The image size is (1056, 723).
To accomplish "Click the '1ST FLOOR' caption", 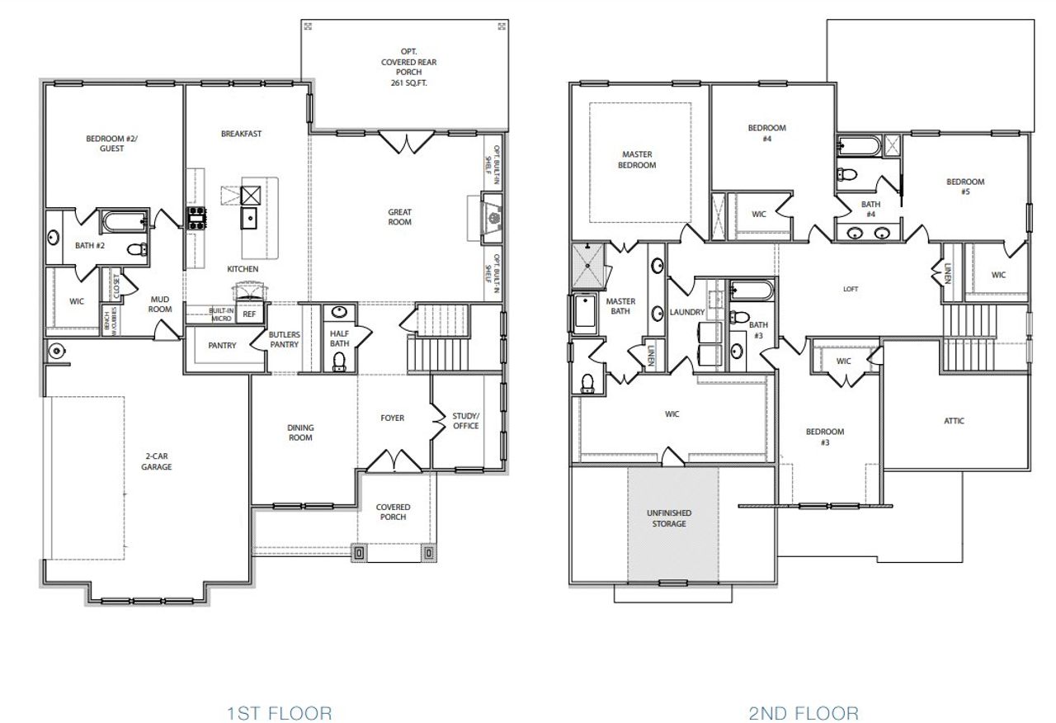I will coord(279,712).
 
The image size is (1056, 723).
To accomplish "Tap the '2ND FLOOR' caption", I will coord(804,712).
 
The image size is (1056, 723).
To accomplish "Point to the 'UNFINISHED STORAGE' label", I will coord(669,518).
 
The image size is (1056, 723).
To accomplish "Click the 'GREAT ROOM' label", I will coord(400,217).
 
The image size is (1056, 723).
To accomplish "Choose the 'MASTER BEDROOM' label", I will coord(639,159).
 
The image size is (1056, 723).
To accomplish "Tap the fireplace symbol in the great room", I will coord(493,218).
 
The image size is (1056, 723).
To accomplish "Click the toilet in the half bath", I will coord(339,361).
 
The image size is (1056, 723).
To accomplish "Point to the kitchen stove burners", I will coord(198,217).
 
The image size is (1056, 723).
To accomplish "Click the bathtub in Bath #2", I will coord(124,220).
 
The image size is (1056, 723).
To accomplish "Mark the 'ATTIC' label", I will coord(954,421).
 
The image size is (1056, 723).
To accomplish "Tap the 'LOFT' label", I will coord(851,290).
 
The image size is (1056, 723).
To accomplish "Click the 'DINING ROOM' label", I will coord(300,432).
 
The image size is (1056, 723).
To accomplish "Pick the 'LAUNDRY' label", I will coord(687,313).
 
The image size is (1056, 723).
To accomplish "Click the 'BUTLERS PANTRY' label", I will coord(284,339).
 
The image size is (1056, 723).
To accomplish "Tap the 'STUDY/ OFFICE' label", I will coord(465,421).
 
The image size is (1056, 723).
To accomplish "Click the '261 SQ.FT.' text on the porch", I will coord(402,83).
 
